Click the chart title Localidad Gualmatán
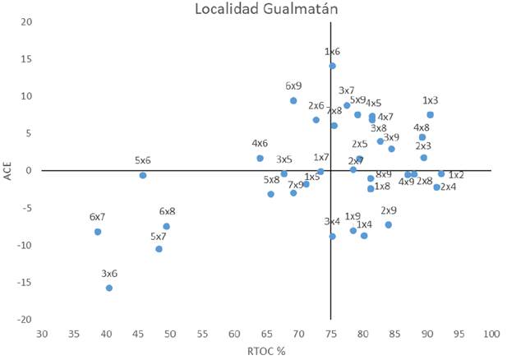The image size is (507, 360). pos(254,9)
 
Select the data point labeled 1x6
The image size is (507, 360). pos(332,66)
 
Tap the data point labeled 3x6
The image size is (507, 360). pos(108,288)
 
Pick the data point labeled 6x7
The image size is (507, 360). pos(98,232)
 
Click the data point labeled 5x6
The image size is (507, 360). pos(143,175)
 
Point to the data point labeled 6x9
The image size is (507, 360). pos(293,100)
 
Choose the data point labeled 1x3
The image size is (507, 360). pos(430,115)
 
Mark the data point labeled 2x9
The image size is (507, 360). pos(389,224)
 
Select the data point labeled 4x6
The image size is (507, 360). pos(260,158)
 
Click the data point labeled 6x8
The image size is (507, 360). pos(167,226)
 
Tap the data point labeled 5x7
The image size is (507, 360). pos(159,249)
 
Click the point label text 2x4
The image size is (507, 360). pos(449,187)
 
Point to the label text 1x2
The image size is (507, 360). pos(456,175)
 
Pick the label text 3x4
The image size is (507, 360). pos(332,222)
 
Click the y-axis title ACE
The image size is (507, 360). pos(7,170)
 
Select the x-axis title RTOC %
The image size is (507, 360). pos(265,351)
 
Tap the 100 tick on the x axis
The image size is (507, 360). pos(491,333)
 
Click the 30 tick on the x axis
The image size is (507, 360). pos(42,333)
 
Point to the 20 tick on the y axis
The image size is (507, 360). pos(27,21)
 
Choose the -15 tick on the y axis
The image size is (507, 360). pos(25,282)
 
